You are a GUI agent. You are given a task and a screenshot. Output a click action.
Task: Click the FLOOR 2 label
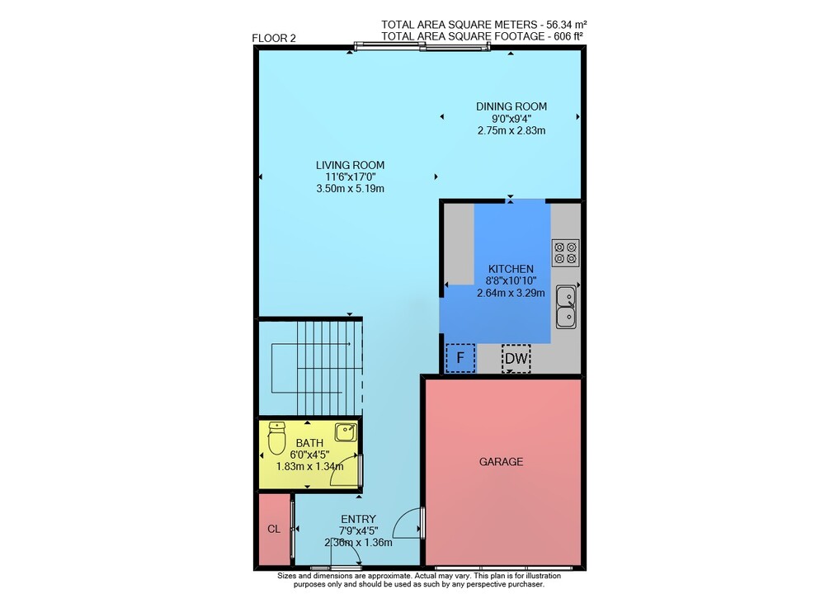click(x=274, y=39)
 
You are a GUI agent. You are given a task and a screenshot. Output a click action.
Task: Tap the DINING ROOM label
click(x=511, y=106)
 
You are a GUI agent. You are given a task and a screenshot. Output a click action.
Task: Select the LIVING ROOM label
click(x=350, y=165)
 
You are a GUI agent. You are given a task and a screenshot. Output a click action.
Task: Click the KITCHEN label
click(x=511, y=269)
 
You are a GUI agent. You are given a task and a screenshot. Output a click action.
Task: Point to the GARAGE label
click(x=501, y=462)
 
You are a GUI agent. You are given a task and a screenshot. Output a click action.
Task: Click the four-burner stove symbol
click(x=566, y=252)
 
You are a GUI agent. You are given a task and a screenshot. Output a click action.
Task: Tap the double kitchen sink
click(x=566, y=307)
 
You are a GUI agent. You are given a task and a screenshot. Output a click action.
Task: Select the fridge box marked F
click(x=460, y=358)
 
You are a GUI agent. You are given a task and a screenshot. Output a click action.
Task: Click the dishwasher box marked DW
click(x=516, y=359)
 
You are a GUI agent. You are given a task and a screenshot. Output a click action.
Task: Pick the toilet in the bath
click(x=276, y=437)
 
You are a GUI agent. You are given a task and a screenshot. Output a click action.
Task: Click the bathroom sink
click(x=346, y=431)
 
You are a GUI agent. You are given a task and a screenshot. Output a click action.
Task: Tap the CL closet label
click(x=274, y=529)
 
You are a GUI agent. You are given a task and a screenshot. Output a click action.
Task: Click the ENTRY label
click(x=358, y=519)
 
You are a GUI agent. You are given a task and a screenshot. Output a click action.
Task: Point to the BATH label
click(x=309, y=443)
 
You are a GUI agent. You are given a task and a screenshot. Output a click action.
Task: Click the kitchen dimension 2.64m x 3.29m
click(x=511, y=293)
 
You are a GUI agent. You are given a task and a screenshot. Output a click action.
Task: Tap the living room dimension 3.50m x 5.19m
click(x=350, y=188)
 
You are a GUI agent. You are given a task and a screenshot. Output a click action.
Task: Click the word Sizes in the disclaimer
click(x=287, y=576)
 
